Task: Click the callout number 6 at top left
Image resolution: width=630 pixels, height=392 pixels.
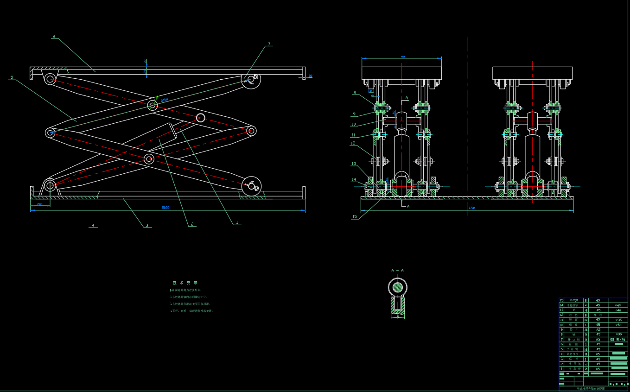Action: coord(54,36)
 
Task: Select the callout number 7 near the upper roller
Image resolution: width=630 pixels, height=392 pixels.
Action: coord(269,44)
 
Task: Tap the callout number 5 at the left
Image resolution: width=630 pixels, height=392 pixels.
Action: coord(12,77)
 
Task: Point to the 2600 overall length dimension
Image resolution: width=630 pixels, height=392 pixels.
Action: coord(165,208)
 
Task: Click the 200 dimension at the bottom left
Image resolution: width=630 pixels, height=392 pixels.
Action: coord(40,204)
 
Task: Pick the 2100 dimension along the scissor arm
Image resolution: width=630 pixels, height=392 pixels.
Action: coord(164,99)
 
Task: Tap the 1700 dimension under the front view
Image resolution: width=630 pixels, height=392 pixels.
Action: coord(471,208)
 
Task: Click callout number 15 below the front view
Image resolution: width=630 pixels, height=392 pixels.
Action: coord(355,216)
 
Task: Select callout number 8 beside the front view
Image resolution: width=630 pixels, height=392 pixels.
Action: coord(354,93)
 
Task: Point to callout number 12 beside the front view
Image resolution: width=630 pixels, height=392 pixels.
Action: coord(353,143)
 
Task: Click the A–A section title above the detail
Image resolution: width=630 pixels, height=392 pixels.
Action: coord(397,270)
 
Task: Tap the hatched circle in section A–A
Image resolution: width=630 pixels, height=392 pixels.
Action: coord(397,287)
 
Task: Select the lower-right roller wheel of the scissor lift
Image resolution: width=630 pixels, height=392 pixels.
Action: coord(251,186)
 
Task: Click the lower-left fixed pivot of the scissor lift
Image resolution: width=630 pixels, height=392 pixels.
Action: coord(50,186)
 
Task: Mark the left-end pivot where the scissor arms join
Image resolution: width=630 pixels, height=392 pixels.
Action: coord(50,133)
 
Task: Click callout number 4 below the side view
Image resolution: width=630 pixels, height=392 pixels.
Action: coord(93,226)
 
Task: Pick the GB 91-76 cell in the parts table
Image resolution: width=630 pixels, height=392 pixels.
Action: coord(617,340)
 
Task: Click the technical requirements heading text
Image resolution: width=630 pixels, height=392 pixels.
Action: coord(185,283)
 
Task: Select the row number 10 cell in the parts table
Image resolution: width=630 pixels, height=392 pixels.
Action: coord(561,325)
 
